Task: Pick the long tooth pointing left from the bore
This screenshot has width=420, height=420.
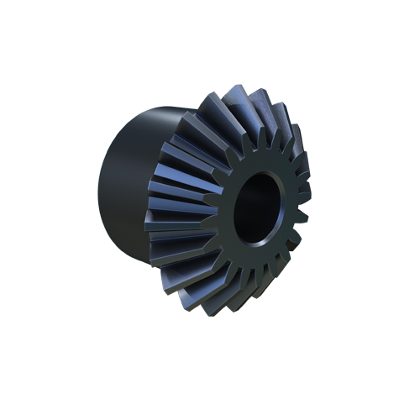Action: pos(181,210)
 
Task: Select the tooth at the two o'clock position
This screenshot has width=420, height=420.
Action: pos(290,143)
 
